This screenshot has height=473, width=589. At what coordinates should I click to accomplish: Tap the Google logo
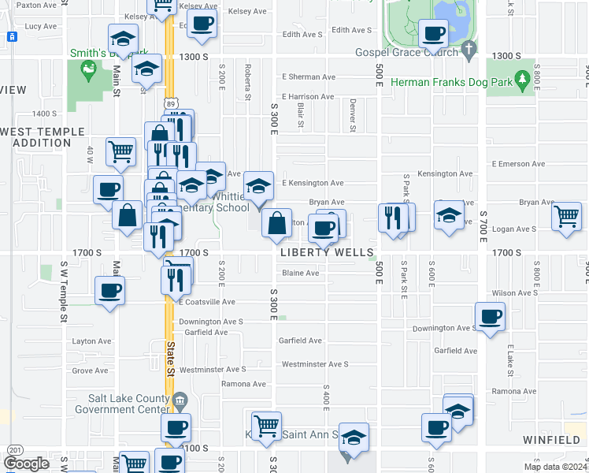pyautogui.click(x=26, y=464)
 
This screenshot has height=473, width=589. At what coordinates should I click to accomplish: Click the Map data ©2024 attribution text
pyautogui.click(x=555, y=467)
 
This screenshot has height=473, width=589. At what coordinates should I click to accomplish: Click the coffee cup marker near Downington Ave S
pyautogui.click(x=491, y=317)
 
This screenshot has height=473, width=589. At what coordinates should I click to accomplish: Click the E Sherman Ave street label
pyautogui.click(x=309, y=77)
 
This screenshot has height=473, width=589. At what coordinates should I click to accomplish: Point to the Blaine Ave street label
pyautogui.click(x=301, y=274)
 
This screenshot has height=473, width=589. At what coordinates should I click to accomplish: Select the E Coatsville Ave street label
pyautogui.click(x=207, y=302)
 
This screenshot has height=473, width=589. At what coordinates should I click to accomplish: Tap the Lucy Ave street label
pyautogui.click(x=41, y=26)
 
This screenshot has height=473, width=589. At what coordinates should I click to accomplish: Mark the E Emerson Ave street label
pyautogui.click(x=517, y=164)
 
